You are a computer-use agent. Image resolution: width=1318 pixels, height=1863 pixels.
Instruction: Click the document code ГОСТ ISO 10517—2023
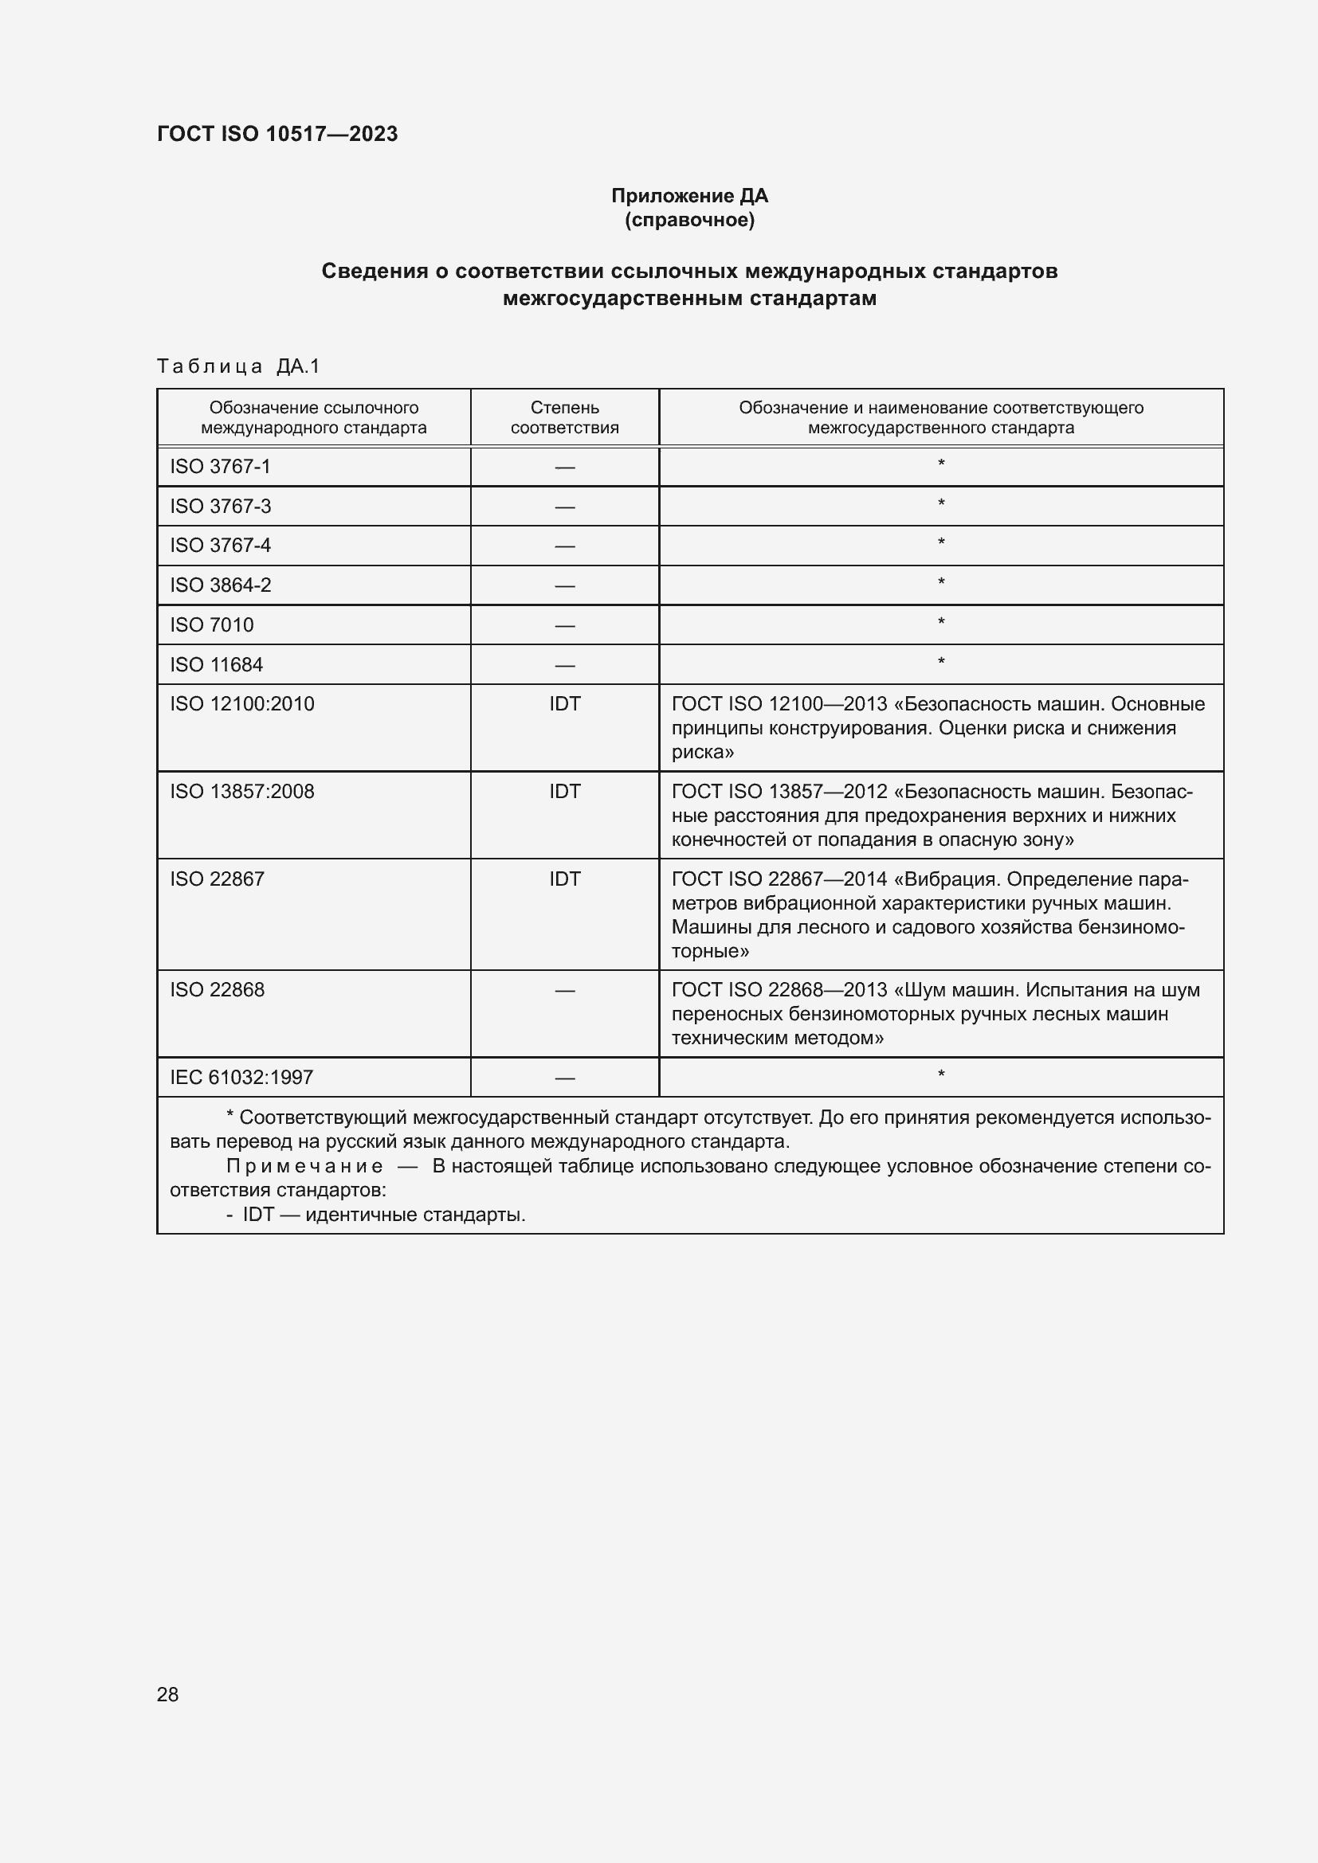pyautogui.click(x=277, y=134)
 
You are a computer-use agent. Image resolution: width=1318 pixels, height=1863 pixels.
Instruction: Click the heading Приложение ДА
pyautogui.click(x=689, y=196)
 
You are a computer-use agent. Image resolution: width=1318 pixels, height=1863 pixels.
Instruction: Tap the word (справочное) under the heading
pyautogui.click(x=689, y=220)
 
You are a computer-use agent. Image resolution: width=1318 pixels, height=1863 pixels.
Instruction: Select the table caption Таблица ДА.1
pyautogui.click(x=238, y=366)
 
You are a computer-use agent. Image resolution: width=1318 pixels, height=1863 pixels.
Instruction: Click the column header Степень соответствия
pyautogui.click(x=564, y=417)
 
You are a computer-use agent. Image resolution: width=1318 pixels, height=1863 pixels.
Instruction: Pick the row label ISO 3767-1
pyautogui.click(x=220, y=467)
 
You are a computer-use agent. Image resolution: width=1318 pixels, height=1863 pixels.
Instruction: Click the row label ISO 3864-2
pyautogui.click(x=220, y=585)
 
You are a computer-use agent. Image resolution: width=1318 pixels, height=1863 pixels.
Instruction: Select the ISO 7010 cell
pyautogui.click(x=212, y=624)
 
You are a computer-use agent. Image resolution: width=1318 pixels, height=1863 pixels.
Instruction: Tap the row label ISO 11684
pyautogui.click(x=216, y=664)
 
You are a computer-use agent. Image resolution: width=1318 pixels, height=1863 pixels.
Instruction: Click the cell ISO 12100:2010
pyautogui.click(x=242, y=703)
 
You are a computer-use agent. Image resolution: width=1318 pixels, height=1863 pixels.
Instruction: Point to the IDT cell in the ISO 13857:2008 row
pyautogui.click(x=564, y=791)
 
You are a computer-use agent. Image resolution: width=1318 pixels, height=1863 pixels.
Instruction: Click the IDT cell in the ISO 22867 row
pyautogui.click(x=564, y=879)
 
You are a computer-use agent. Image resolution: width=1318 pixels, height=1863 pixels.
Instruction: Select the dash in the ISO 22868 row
pyautogui.click(x=564, y=991)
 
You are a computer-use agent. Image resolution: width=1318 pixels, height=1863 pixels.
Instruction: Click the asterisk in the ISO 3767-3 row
pyautogui.click(x=940, y=504)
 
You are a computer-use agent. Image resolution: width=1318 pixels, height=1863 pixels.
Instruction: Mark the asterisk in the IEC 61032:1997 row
pyautogui.click(x=940, y=1075)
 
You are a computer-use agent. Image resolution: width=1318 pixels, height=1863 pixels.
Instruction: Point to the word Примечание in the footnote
pyautogui.click(x=304, y=1166)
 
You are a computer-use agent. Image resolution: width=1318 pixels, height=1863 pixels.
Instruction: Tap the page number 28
pyautogui.click(x=167, y=1694)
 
